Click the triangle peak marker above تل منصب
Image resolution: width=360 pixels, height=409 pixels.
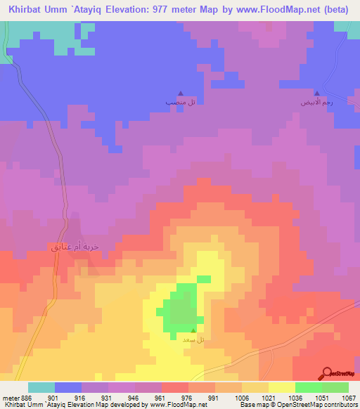[181, 93]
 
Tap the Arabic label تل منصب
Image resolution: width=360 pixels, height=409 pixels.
[176, 103]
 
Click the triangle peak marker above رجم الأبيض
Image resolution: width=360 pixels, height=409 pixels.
[316, 93]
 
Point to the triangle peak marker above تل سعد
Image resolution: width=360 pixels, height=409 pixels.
[194, 330]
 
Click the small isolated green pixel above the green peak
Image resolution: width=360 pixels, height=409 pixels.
[203, 279]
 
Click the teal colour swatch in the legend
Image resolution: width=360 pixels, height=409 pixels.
[41, 387]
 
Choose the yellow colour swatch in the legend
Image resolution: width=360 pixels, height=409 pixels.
[281, 387]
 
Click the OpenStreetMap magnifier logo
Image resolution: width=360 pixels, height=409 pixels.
[327, 372]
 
